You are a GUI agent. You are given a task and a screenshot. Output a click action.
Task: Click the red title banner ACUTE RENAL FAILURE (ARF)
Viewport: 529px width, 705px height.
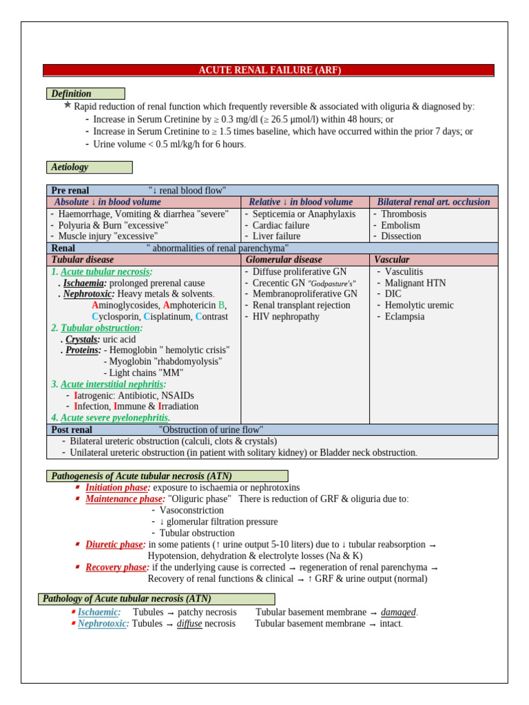[269, 70]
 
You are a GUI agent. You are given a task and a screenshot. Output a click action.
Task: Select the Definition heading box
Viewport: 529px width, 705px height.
[85, 94]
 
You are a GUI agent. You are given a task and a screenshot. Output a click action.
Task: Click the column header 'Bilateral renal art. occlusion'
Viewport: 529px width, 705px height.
[433, 202]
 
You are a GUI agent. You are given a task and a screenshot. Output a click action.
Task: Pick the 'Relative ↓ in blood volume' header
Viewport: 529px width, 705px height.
[300, 202]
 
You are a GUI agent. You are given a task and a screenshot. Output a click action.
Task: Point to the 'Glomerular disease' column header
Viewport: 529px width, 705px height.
[283, 260]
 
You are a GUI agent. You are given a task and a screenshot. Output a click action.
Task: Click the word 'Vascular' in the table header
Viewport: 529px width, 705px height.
[391, 260]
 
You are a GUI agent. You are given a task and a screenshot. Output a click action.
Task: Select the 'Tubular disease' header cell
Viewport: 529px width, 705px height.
[83, 260]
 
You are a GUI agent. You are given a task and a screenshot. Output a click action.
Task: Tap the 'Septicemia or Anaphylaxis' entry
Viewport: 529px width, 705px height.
[304, 214]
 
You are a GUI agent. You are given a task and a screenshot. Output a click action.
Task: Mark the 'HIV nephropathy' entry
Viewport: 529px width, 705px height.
[286, 317]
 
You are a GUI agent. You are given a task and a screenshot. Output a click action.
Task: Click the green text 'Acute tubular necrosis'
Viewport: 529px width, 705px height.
[105, 272]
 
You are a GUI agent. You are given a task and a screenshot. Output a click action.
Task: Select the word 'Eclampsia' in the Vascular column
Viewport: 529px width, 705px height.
[404, 317]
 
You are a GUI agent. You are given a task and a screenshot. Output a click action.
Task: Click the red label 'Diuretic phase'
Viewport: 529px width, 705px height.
[114, 545]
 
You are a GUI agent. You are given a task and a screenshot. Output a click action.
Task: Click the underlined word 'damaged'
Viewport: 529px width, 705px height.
[398, 612]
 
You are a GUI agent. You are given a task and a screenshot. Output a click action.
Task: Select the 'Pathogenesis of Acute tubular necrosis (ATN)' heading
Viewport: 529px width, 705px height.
[167, 476]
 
